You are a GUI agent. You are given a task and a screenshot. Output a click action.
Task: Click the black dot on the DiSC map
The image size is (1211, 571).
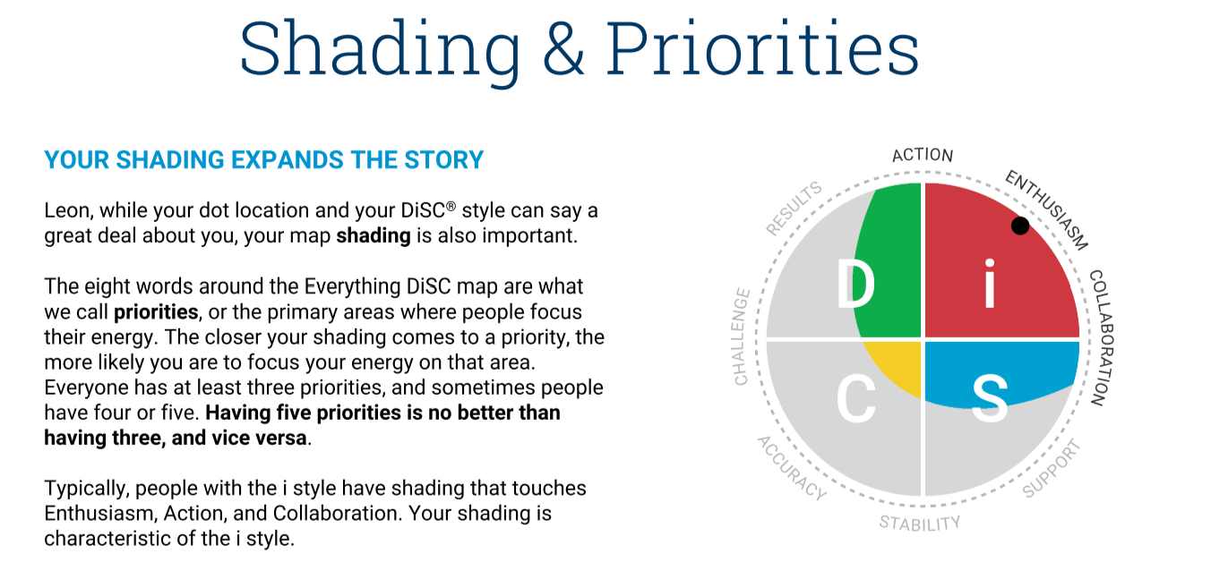click(1020, 226)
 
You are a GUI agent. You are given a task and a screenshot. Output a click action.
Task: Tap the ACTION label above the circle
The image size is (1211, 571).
click(923, 155)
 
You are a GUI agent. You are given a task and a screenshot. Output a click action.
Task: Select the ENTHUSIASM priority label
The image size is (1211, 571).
click(1046, 210)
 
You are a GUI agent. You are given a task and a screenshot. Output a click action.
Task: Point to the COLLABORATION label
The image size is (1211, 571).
click(1101, 337)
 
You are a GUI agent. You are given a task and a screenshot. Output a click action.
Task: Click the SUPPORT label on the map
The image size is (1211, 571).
click(1052, 468)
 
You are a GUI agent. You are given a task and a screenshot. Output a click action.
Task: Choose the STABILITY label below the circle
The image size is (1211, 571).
click(920, 523)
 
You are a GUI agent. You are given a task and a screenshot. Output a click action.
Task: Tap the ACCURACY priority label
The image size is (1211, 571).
click(792, 468)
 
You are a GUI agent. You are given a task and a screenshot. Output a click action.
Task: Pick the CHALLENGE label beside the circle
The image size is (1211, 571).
click(742, 337)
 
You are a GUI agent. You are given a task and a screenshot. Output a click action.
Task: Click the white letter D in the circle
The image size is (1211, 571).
click(855, 284)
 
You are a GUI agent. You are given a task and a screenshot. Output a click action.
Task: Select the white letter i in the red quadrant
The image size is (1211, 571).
click(990, 284)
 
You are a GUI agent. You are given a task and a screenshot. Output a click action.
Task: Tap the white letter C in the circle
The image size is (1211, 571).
click(855, 398)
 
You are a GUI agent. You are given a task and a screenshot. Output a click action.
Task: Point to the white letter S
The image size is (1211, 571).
click(990, 398)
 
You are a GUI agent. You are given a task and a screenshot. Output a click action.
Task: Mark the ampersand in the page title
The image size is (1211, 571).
click(563, 47)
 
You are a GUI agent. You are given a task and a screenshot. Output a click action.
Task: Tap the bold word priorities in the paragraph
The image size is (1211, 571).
click(156, 312)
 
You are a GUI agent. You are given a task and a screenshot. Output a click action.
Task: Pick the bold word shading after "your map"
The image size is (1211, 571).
click(373, 236)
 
